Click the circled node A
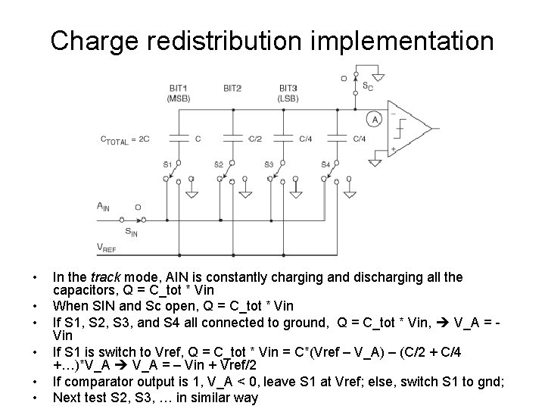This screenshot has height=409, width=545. coord(372,118)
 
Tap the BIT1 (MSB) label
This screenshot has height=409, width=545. coord(178,93)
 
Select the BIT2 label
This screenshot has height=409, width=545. coord(232,89)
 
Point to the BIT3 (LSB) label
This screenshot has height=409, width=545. coord(288,93)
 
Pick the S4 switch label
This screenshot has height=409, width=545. coord(325,164)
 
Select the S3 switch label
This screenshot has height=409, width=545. coord(268,164)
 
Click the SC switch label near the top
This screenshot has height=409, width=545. coord(367,86)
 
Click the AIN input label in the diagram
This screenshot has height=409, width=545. coord(103,206)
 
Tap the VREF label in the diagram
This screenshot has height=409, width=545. coord(107,246)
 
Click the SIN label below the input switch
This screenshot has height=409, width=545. coord(131,232)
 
